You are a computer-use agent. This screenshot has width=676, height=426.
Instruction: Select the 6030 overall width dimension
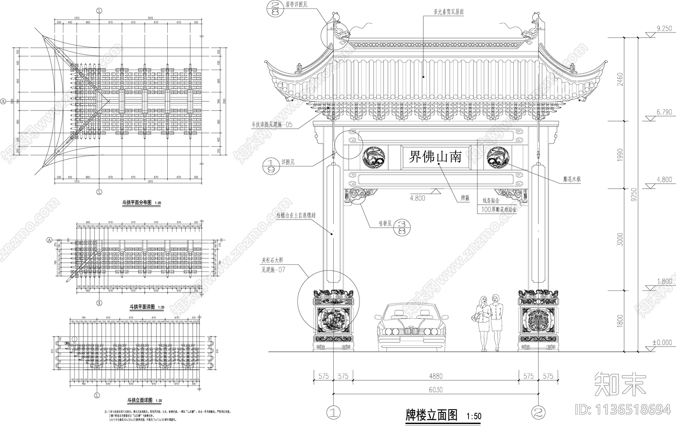coord(436,390)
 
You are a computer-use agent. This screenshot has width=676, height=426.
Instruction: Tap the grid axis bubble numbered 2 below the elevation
coord(538,412)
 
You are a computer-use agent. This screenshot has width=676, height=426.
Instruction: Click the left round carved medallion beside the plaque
coord(374,158)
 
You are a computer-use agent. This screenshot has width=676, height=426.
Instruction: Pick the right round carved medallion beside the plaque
coord(497,157)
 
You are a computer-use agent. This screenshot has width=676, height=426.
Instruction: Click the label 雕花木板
coord(572,179)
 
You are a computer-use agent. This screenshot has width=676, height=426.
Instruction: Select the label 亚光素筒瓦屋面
coord(448,12)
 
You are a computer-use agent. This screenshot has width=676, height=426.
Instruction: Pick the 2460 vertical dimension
coord(620,78)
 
